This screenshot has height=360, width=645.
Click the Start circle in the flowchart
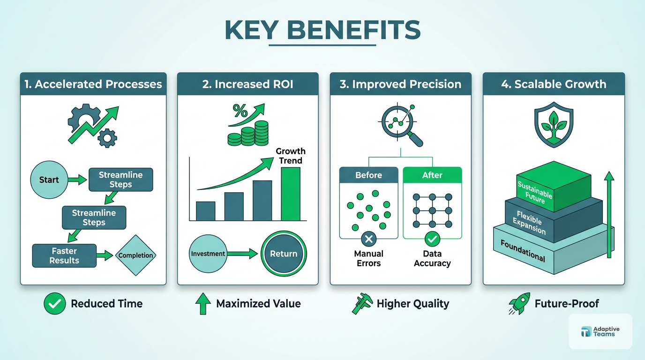(49, 180)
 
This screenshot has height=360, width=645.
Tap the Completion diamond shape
(135, 255)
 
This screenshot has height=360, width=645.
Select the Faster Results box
(64, 256)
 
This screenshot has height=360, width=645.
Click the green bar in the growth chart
(290, 194)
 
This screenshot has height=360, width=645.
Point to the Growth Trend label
(291, 156)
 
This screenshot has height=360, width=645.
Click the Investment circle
(208, 254)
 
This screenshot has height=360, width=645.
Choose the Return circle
(284, 254)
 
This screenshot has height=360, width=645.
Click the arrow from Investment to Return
(242, 254)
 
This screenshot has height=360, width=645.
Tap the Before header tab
(368, 175)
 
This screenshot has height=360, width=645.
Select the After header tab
(432, 175)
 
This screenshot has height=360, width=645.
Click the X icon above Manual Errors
(368, 240)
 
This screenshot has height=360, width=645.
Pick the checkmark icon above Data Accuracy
(432, 240)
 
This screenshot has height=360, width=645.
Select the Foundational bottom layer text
(523, 251)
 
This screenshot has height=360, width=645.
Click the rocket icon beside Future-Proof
(519, 304)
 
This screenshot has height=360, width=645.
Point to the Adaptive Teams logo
(600, 331)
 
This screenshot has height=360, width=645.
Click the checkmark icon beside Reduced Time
(54, 304)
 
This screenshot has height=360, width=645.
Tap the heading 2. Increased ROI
(247, 84)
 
